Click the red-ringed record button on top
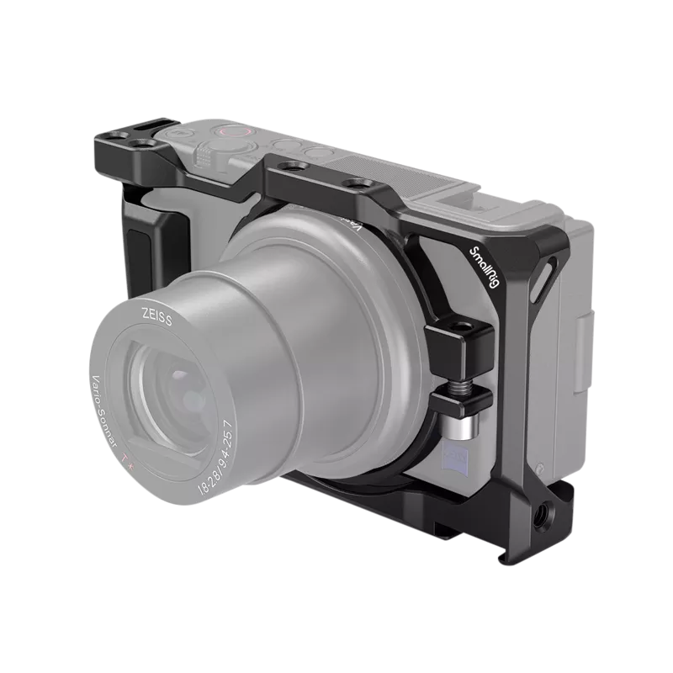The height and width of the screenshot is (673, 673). click(x=225, y=132)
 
